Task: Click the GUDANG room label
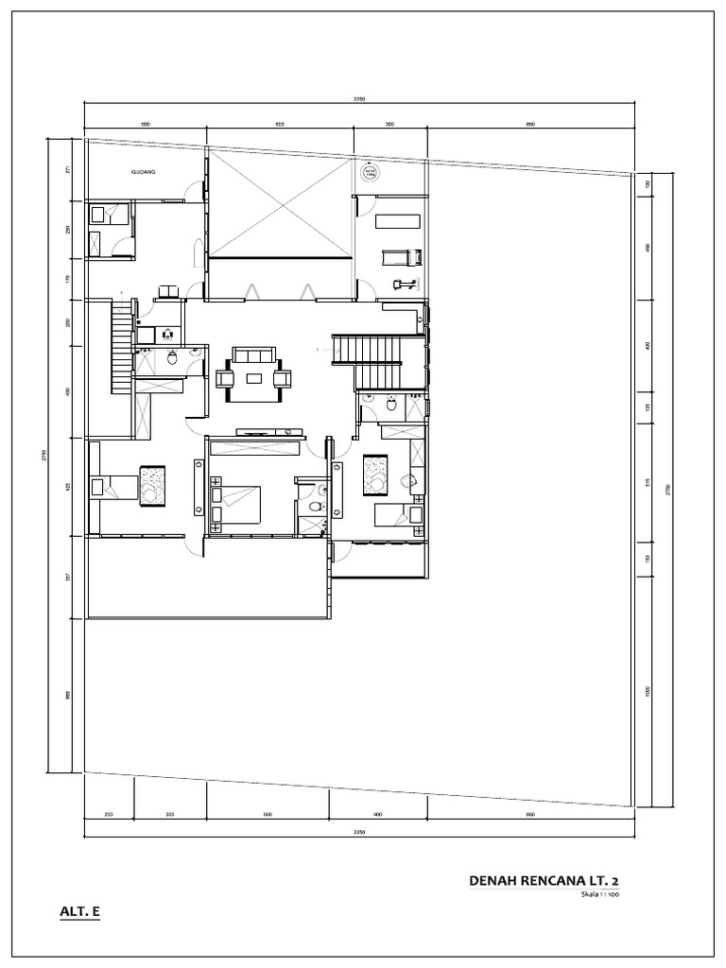(144, 173)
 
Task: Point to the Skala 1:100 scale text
(600, 894)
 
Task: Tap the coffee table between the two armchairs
(254, 379)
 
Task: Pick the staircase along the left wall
(120, 347)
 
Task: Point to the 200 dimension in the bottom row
(108, 814)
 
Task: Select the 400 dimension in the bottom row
(377, 814)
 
